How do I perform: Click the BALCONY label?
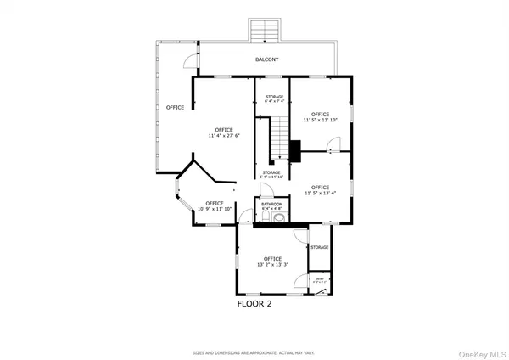tap(267, 59)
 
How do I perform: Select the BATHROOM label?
tap(271, 204)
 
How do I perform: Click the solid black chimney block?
tap(294, 151)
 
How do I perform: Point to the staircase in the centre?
tap(280, 140)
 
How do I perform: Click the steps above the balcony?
tap(267, 31)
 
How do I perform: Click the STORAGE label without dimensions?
tap(319, 247)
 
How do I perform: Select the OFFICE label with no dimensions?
tap(175, 107)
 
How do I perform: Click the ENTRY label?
tap(320, 278)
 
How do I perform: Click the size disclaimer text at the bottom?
tap(254, 351)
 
